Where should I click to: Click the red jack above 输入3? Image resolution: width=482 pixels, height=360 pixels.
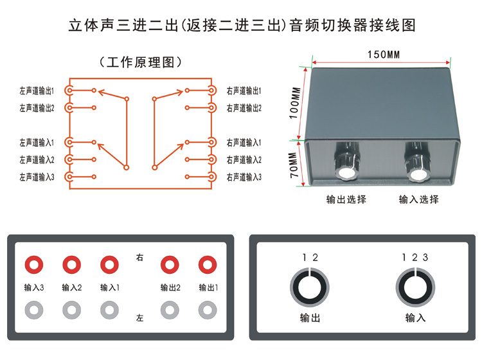33,264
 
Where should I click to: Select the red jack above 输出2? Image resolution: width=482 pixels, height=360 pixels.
169,264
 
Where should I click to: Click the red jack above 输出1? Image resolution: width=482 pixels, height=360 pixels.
207,264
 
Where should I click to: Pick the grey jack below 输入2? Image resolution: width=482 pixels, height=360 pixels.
71,310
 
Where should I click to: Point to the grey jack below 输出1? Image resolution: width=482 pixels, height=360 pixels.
207,310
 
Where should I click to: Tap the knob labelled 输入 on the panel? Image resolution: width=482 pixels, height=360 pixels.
415,286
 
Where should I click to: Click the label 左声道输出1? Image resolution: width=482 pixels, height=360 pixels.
37,91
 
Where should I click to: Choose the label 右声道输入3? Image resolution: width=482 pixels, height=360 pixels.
244,177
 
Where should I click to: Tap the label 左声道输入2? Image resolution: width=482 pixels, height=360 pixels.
37,159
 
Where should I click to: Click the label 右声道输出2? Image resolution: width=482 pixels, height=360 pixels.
244,108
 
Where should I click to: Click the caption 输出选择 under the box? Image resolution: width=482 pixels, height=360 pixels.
346,199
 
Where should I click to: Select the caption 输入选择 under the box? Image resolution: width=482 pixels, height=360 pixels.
418,199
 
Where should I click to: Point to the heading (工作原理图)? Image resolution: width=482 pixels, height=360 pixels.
141,62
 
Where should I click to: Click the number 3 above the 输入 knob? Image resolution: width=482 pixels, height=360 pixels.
425,258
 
